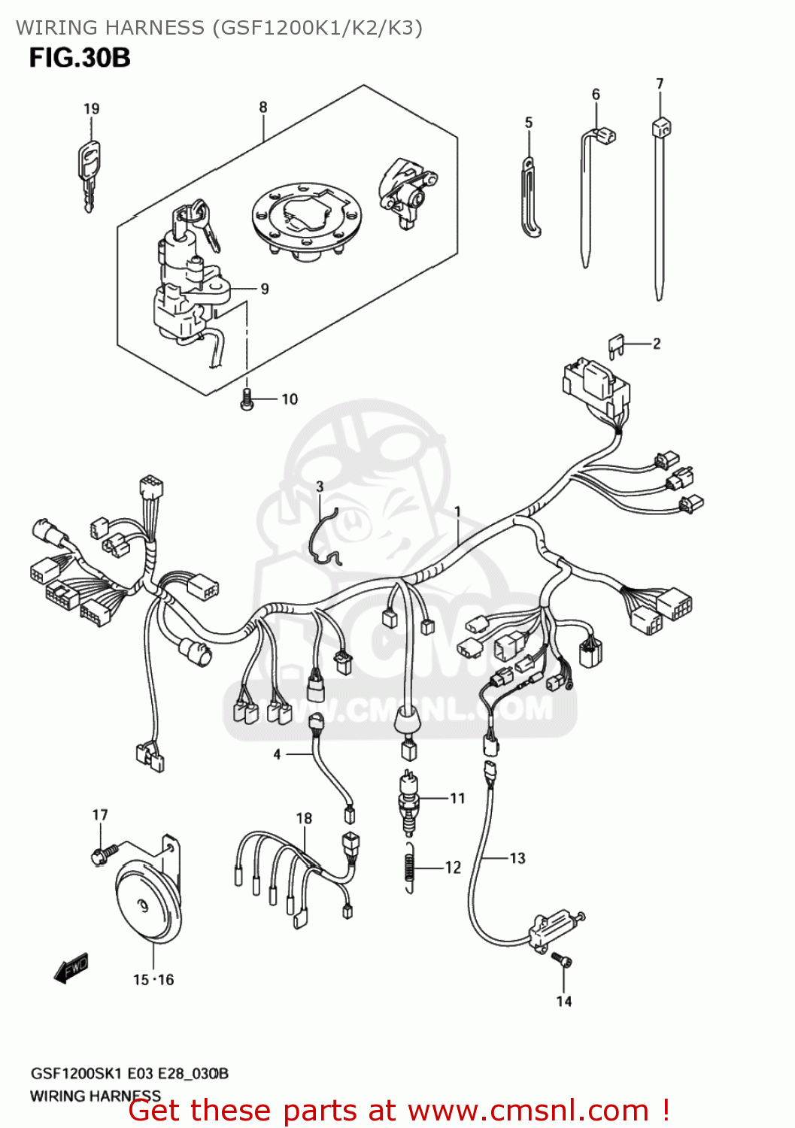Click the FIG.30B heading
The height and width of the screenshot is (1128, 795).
[80, 58]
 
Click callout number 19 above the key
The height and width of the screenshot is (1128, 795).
[91, 109]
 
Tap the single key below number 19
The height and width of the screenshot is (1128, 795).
[88, 173]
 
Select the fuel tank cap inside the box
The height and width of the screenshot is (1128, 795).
[306, 218]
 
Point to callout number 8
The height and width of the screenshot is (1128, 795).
[263, 108]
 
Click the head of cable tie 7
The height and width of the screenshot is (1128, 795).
[661, 128]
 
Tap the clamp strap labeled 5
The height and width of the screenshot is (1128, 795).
[530, 199]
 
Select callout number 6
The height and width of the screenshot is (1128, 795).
[596, 95]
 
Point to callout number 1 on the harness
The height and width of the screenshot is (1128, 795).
[457, 512]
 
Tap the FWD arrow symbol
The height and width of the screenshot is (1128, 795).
[71, 969]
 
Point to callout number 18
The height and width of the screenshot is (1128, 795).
[304, 818]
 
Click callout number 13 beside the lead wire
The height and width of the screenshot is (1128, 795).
[517, 858]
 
